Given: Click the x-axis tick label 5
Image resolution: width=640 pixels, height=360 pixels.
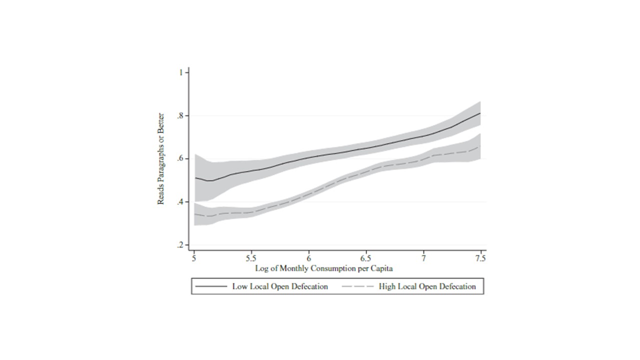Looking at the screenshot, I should pos(194,258).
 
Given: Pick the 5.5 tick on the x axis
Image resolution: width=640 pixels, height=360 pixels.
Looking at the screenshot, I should pos(251,258).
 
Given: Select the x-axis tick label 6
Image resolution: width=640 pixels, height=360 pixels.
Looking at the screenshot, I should pos(309,258).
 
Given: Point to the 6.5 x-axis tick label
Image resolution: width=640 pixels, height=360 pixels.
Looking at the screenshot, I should pos(366,258).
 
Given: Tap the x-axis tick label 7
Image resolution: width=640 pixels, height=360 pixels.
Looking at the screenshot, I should pos(424,258).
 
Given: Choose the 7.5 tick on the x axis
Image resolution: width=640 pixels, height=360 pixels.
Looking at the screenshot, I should pos(481,258).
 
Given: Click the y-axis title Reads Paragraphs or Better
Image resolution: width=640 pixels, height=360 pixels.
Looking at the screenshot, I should pos(161,158).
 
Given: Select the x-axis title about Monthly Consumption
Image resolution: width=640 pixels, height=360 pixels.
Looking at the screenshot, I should pos(324,268).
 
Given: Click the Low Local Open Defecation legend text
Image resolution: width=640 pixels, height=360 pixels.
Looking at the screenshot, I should pos(280,286).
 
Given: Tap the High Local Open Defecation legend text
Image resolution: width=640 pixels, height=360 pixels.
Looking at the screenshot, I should pos(427,286).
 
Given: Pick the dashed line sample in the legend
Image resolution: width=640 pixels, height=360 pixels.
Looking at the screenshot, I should pos(357,286).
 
